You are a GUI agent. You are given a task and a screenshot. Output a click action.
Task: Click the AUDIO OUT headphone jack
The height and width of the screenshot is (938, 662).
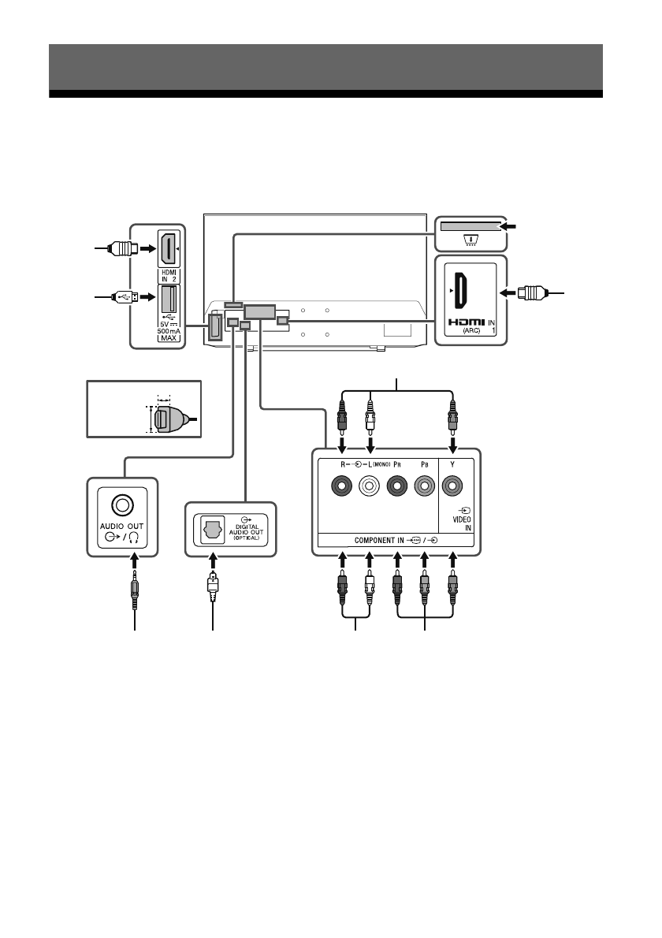(122, 502)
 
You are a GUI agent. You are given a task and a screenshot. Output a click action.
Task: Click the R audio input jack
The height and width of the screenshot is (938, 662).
(341, 487)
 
